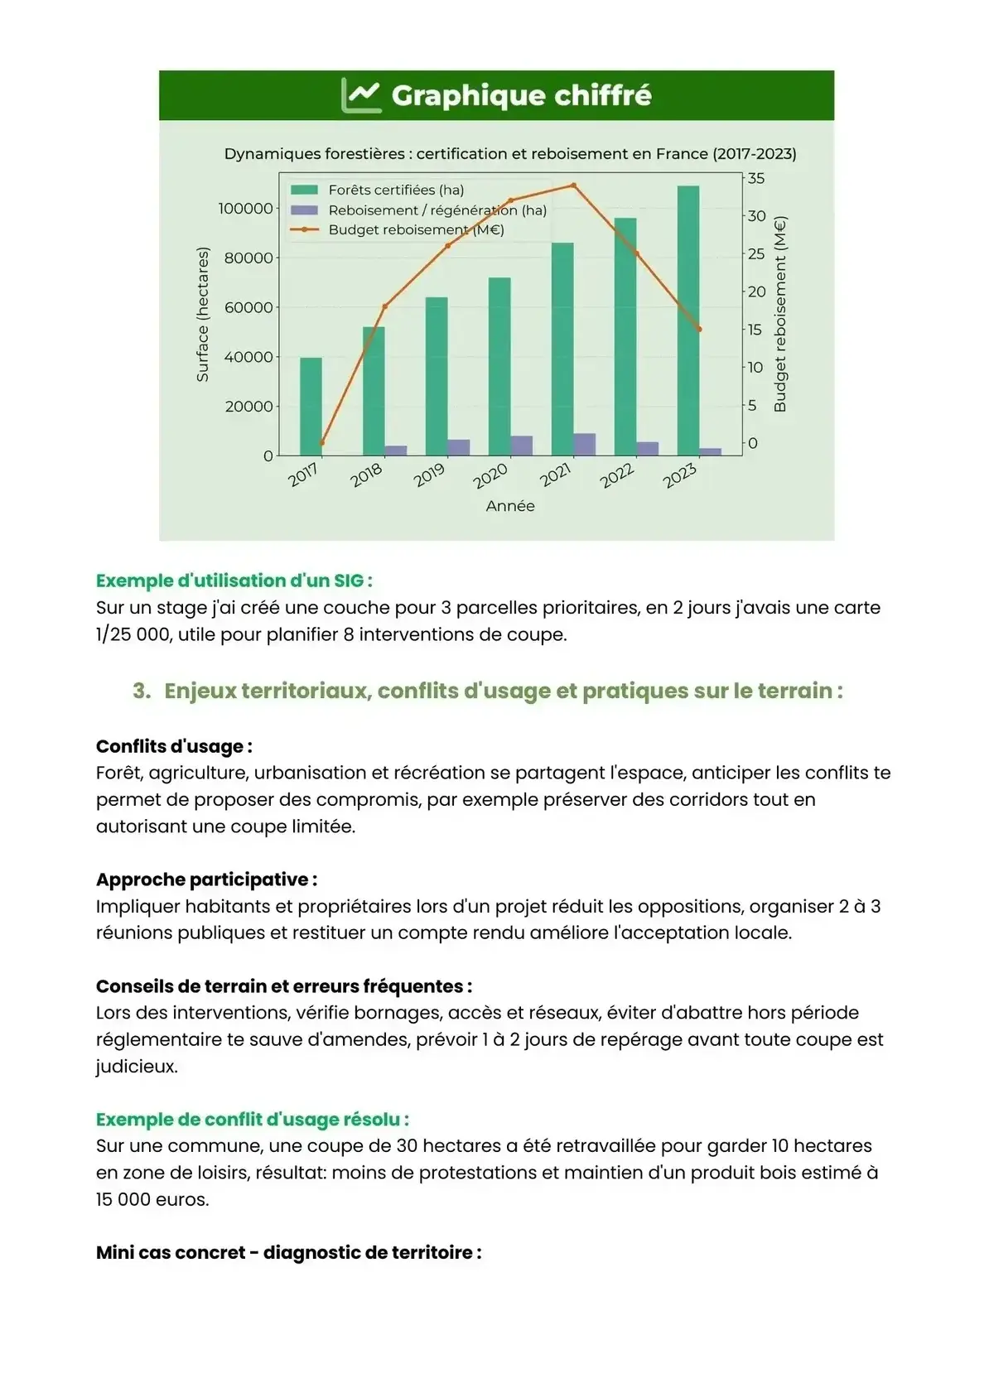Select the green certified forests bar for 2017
pos(311,407)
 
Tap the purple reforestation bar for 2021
pos(585,445)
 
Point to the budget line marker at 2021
pos(573,186)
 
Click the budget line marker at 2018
pos(384,306)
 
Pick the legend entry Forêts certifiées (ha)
pos(396,190)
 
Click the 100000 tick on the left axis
pos(245,209)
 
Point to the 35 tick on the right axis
pos(755,179)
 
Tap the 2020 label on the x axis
pos(490,476)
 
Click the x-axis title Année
pos(510,506)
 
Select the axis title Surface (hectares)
pos(203,315)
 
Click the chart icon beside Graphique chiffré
pos(361,95)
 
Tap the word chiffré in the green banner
pos(602,96)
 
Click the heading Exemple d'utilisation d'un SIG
pos(234,581)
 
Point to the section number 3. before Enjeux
pos(142,691)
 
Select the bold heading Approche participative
pos(206,879)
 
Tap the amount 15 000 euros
pos(152,1199)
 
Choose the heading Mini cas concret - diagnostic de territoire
pos(288,1252)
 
